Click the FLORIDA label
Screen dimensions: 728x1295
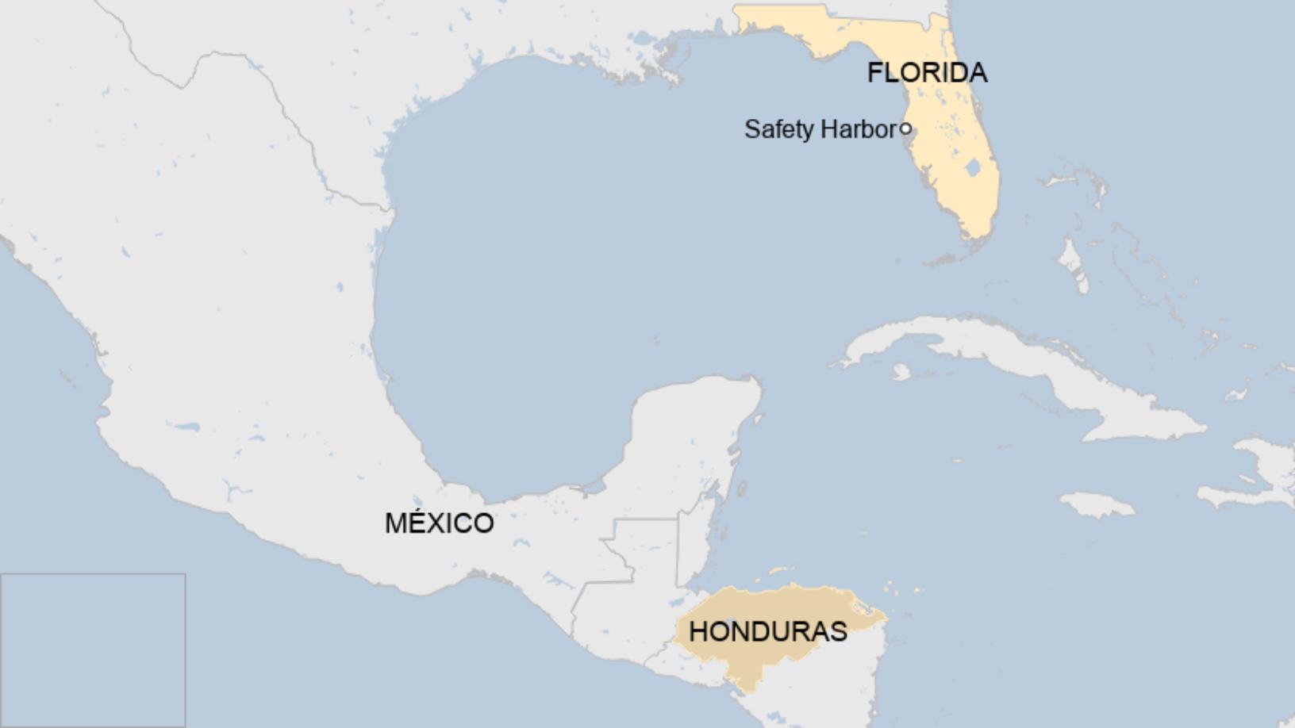click(927, 73)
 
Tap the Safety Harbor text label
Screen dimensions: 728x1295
click(820, 129)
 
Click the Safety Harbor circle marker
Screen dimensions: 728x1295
click(905, 128)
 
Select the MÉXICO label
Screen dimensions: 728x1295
click(439, 523)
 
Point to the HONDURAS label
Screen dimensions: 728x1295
click(767, 631)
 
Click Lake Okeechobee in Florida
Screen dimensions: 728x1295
click(971, 168)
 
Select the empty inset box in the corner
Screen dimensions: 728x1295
click(93, 650)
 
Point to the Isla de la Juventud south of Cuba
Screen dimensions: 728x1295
click(901, 371)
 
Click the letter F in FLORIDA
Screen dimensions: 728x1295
click(874, 73)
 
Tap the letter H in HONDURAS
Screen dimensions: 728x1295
click(698, 631)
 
